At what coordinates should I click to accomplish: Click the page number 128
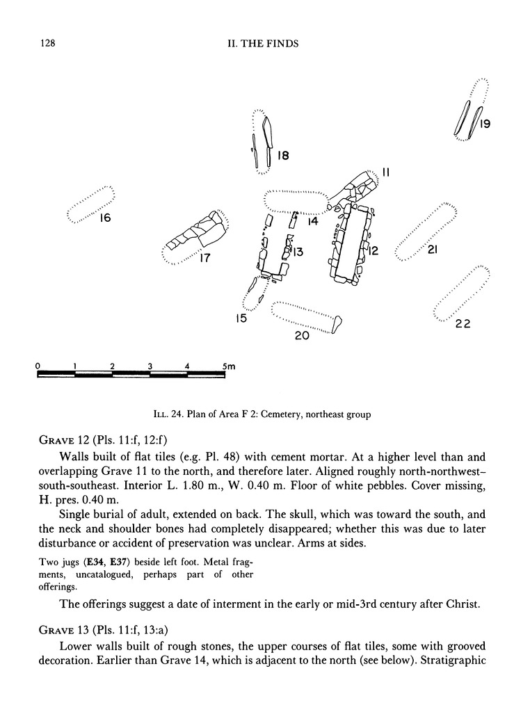coord(44,44)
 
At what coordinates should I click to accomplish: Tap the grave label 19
coord(485,124)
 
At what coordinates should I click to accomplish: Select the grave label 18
coord(282,156)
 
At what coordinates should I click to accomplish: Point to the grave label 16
coord(104,218)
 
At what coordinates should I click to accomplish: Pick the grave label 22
coord(463,323)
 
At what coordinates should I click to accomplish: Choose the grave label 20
coord(301,336)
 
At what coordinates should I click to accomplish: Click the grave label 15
coord(241,319)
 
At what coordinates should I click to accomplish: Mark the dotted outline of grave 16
coord(90,204)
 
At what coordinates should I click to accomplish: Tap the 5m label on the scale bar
coord(228,365)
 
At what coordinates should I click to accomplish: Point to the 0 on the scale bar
coord(37,365)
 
